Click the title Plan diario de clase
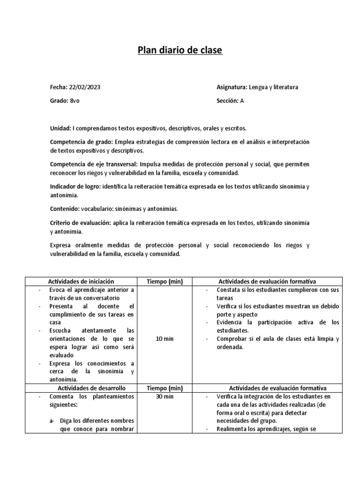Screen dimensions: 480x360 [x=180, y=51]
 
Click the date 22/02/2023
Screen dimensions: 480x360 [x=84, y=87]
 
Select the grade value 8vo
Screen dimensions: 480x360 [x=75, y=101]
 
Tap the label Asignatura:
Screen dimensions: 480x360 [x=232, y=87]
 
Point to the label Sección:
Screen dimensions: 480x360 [x=227, y=101]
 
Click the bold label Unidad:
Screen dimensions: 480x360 [x=60, y=128]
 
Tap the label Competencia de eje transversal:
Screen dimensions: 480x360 [x=93, y=165]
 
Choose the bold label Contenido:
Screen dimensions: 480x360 [x=65, y=208]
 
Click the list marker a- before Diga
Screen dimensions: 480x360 [x=52, y=421]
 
